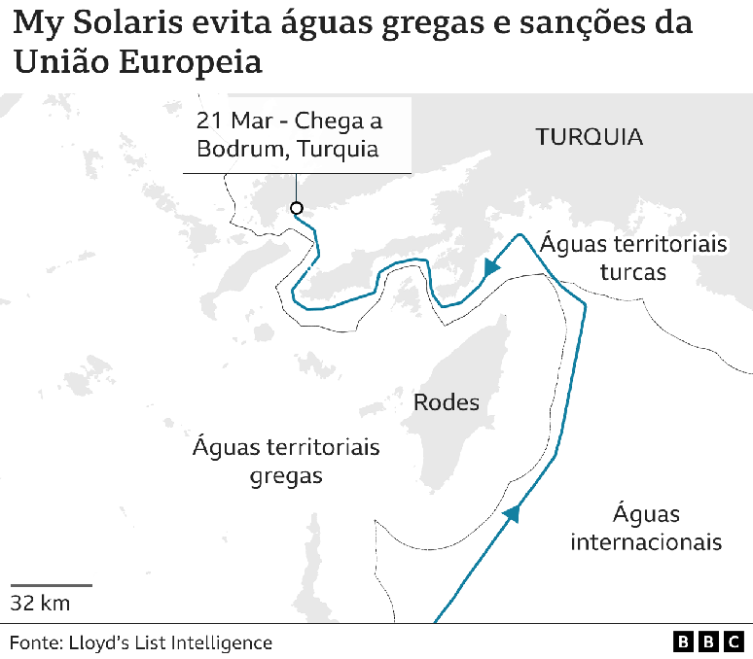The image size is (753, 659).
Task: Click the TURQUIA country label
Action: pos(589,137)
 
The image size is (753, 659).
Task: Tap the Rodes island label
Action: pos(447,401)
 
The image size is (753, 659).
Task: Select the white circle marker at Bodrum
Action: pos(297,208)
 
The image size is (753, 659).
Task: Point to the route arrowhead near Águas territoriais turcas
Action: pos(492,265)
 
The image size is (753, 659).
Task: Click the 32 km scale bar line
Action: pos(52,585)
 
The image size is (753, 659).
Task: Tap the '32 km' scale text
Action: pos(40,604)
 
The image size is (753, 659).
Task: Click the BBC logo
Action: pos(708,642)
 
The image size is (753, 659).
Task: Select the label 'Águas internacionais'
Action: pos(646,528)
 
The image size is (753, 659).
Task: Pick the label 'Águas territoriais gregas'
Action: pos(286,462)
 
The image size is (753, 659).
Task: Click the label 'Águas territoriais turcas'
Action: pos(633,258)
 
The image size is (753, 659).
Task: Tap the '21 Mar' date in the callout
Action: pos(235,121)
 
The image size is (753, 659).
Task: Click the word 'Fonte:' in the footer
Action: pos(35,642)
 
